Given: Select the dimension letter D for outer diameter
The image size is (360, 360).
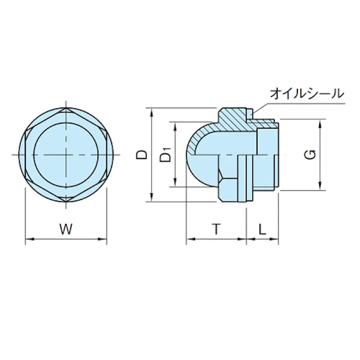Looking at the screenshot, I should click(x=143, y=154).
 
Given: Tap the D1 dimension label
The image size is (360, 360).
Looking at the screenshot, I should click(x=165, y=155).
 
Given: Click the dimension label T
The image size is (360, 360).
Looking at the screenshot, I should click(x=216, y=229).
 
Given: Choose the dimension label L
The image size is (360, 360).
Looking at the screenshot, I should click(x=262, y=229).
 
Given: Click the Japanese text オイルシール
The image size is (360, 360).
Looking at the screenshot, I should click(x=307, y=93).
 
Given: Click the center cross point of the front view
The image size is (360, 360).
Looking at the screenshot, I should click(x=67, y=154).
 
